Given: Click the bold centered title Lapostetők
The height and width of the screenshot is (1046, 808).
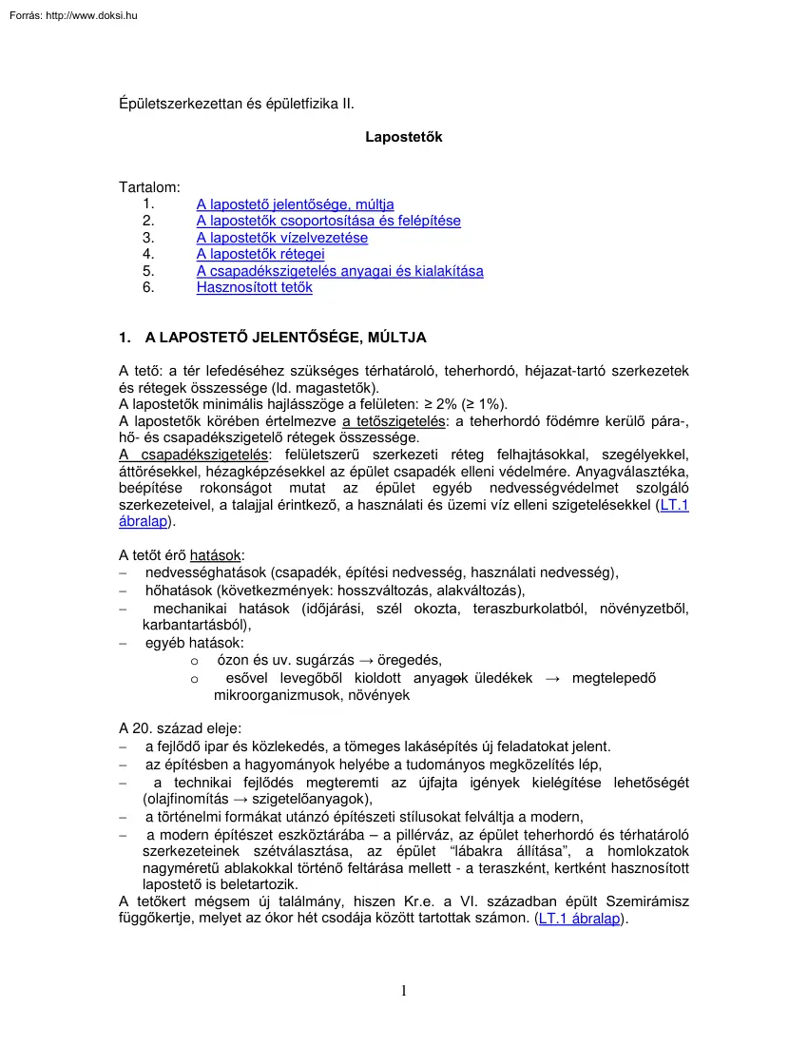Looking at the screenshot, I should pos(404,137).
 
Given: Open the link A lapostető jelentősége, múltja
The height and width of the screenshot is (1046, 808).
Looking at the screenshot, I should pos(295,204).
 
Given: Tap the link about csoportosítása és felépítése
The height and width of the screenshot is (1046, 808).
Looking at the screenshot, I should pos(328,221).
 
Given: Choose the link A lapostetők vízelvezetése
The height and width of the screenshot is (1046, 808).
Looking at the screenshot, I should pos(281,238).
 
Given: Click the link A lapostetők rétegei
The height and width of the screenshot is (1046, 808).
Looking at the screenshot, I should pos(260,254).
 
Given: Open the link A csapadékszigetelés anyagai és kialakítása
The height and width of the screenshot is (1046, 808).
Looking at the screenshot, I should pos(339,271).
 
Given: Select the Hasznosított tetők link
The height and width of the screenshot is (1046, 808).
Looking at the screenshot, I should pos(254,287).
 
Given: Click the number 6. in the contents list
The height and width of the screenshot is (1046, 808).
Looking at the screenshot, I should pos(147,287).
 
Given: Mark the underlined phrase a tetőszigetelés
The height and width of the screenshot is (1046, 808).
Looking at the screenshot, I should pos(395,420).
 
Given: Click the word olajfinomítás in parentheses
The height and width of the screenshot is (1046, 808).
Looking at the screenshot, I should pos(184,799).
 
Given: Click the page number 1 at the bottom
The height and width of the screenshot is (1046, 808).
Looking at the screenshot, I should pos(404,991).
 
